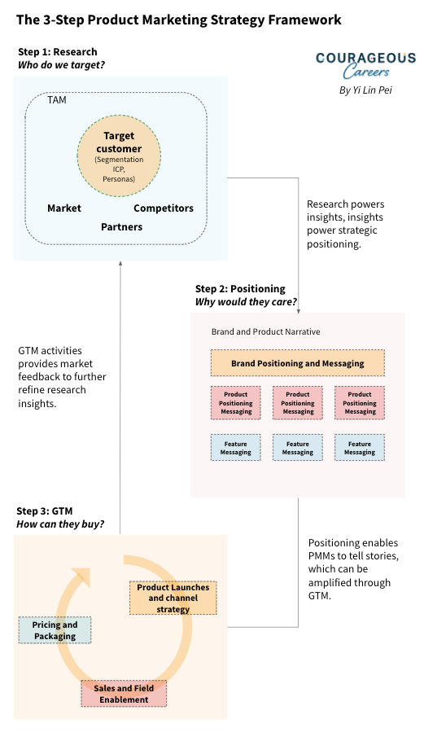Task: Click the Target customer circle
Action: pyautogui.click(x=119, y=155)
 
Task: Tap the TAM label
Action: pyautogui.click(x=58, y=100)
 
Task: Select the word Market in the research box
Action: pyautogui.click(x=64, y=208)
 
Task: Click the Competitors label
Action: pyautogui.click(x=164, y=208)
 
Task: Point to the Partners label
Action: pyautogui.click(x=122, y=227)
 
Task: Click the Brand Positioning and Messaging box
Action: pyautogui.click(x=298, y=363)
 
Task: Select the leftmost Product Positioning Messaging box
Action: pyautogui.click(x=236, y=403)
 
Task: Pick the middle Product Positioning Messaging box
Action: pyautogui.click(x=298, y=403)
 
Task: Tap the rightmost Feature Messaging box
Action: pyautogui.click(x=360, y=448)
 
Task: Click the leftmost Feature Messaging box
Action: pyautogui.click(x=236, y=448)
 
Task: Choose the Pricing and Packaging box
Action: pyautogui.click(x=55, y=630)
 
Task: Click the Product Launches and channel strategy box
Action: pyautogui.click(x=173, y=598)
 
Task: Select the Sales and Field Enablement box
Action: pyautogui.click(x=124, y=694)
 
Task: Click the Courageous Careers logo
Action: pyautogui.click(x=365, y=64)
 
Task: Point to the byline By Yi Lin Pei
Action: pyautogui.click(x=365, y=90)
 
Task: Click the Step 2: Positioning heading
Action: pyautogui.click(x=240, y=289)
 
